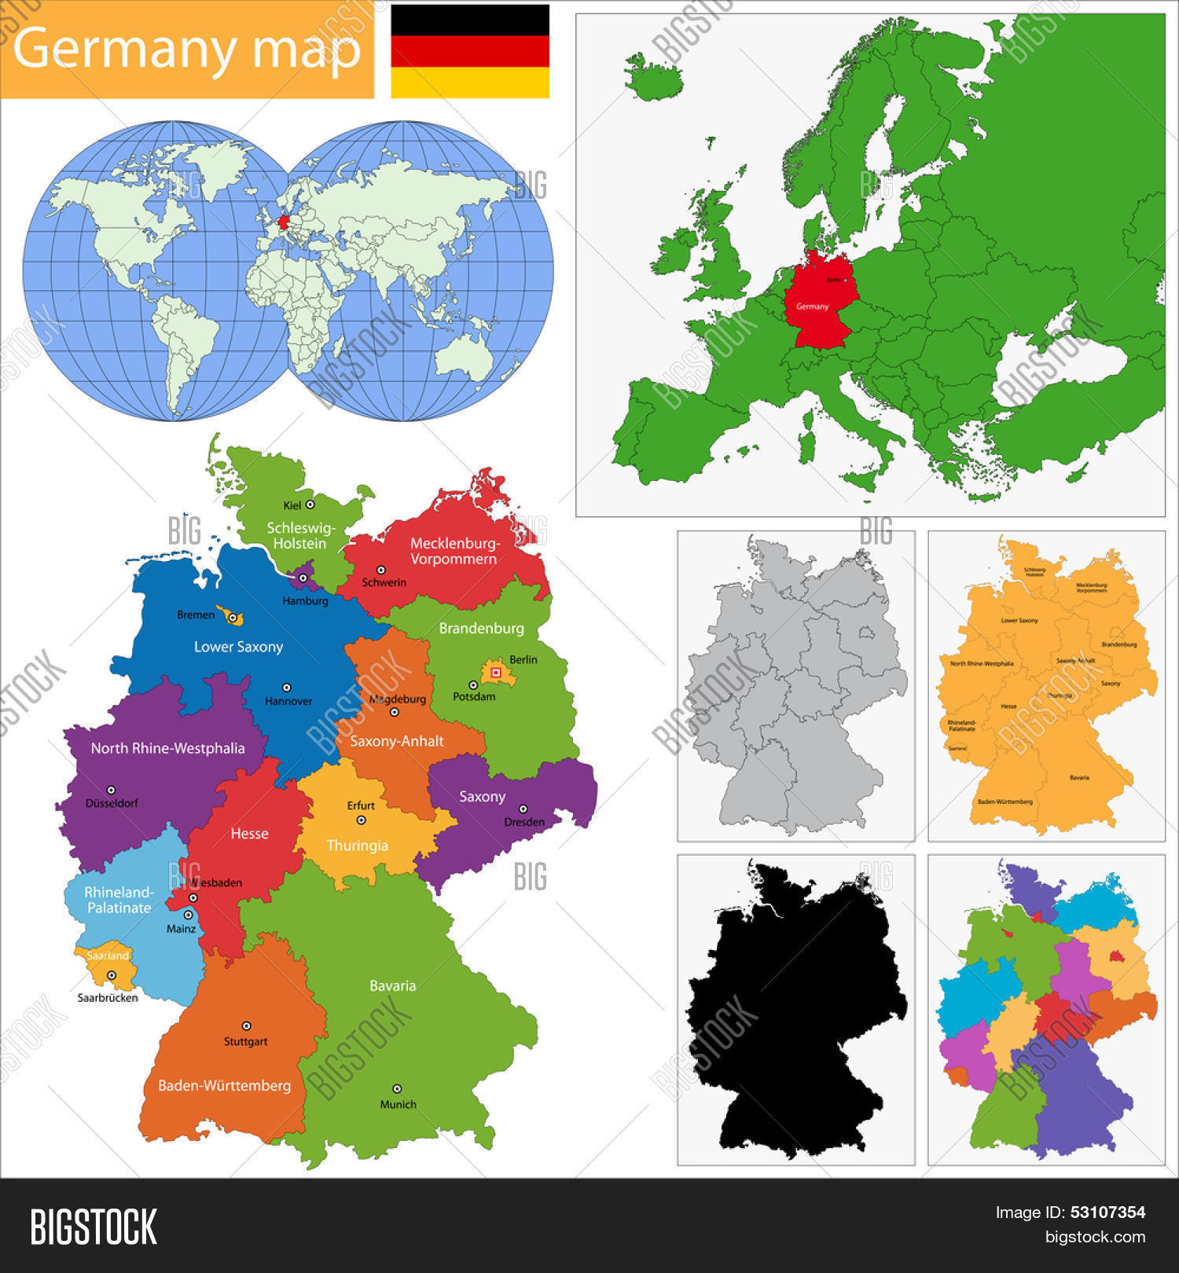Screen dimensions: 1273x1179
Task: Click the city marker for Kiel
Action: click(x=310, y=504)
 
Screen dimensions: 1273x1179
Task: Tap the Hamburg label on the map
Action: click(x=305, y=601)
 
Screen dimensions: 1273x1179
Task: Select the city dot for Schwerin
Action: click(x=380, y=570)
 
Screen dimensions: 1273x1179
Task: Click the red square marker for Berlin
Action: click(x=495, y=673)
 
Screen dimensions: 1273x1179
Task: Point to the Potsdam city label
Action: click(x=474, y=697)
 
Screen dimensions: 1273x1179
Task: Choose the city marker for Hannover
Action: click(x=287, y=688)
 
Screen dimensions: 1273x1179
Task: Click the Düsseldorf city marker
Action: click(x=111, y=790)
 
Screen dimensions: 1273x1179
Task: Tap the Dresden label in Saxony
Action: click(x=523, y=822)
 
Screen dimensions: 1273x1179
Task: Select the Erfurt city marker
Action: click(x=362, y=820)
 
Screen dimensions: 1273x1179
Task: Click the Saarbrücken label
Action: click(x=108, y=998)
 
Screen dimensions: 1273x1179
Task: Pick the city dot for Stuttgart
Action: click(x=246, y=1025)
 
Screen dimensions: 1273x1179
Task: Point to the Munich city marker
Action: click(x=397, y=1088)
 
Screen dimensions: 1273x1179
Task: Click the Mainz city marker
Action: click(x=188, y=915)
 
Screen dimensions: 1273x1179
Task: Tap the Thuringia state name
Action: click(x=357, y=846)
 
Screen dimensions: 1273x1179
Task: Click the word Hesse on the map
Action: click(x=249, y=834)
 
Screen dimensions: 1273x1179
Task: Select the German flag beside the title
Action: click(x=470, y=51)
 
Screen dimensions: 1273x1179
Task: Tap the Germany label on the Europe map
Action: click(x=812, y=306)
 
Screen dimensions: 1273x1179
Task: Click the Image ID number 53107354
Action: click(x=1107, y=1212)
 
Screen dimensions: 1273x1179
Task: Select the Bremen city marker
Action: click(x=232, y=618)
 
